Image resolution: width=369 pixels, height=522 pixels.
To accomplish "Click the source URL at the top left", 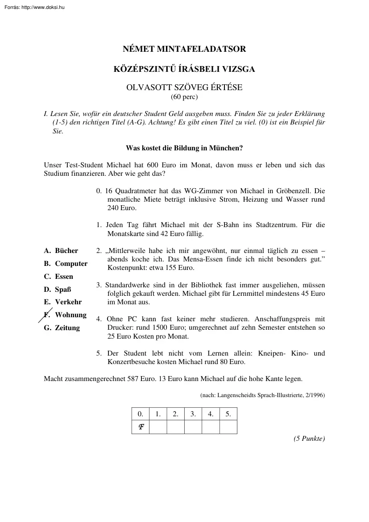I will (34, 7).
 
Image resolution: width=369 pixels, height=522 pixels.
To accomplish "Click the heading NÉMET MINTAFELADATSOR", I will (184, 49).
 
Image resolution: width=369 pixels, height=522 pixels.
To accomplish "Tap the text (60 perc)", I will (184, 96).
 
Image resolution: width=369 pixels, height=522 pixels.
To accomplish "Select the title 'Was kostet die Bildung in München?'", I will (184, 147).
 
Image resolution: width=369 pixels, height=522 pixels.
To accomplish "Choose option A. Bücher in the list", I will (61, 251).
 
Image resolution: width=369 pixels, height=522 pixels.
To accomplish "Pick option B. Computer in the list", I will (66, 264).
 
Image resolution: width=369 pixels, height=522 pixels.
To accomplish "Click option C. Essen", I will (58, 277).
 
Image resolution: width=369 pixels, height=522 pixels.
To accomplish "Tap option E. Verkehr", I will (63, 302).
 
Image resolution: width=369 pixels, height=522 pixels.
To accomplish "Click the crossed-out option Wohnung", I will (70, 315).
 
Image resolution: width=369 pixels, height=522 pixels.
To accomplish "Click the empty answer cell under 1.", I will (158, 427).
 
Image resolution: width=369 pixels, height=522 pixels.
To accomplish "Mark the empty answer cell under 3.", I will (193, 427).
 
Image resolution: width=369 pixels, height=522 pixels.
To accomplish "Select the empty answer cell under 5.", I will (228, 427).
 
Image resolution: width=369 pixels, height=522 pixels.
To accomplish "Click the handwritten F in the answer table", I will (141, 427).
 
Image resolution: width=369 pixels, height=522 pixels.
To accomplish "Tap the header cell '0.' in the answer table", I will (141, 414).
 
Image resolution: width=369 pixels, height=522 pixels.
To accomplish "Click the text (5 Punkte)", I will (309, 439).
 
